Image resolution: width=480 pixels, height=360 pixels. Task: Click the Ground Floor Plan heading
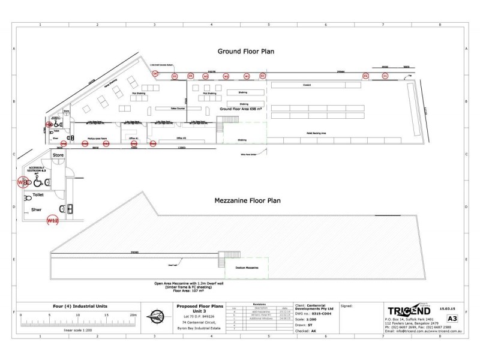click(245, 52)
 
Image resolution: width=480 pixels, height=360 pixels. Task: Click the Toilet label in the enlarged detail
click(38, 195)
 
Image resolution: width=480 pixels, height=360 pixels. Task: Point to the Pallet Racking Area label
click(316, 133)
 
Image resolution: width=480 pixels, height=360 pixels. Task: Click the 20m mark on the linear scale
click(133, 314)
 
